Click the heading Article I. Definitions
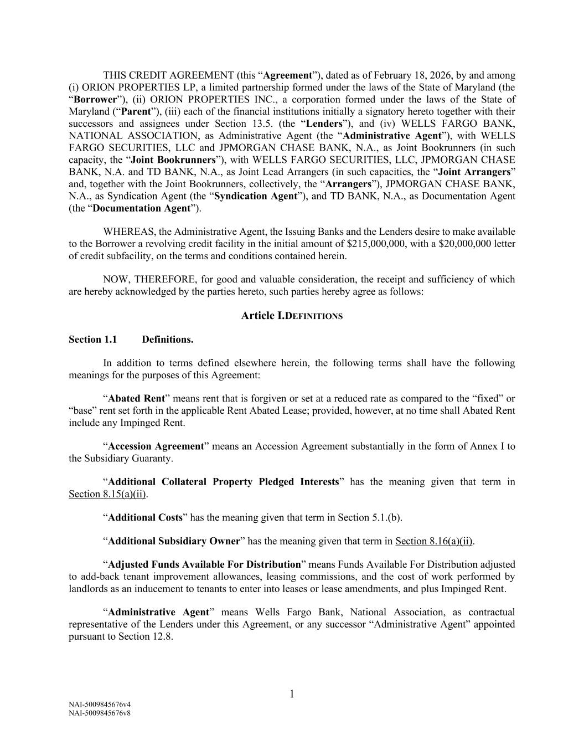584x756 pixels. coord(292,316)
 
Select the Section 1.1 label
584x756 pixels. coord(92,340)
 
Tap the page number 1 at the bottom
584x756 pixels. coord(292,694)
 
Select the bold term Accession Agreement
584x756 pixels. coord(156,446)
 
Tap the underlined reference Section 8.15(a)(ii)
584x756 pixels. coord(108,494)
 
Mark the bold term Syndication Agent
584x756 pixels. coord(256,196)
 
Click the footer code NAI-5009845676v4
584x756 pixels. coord(100,704)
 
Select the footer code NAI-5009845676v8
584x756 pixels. coord(100,713)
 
